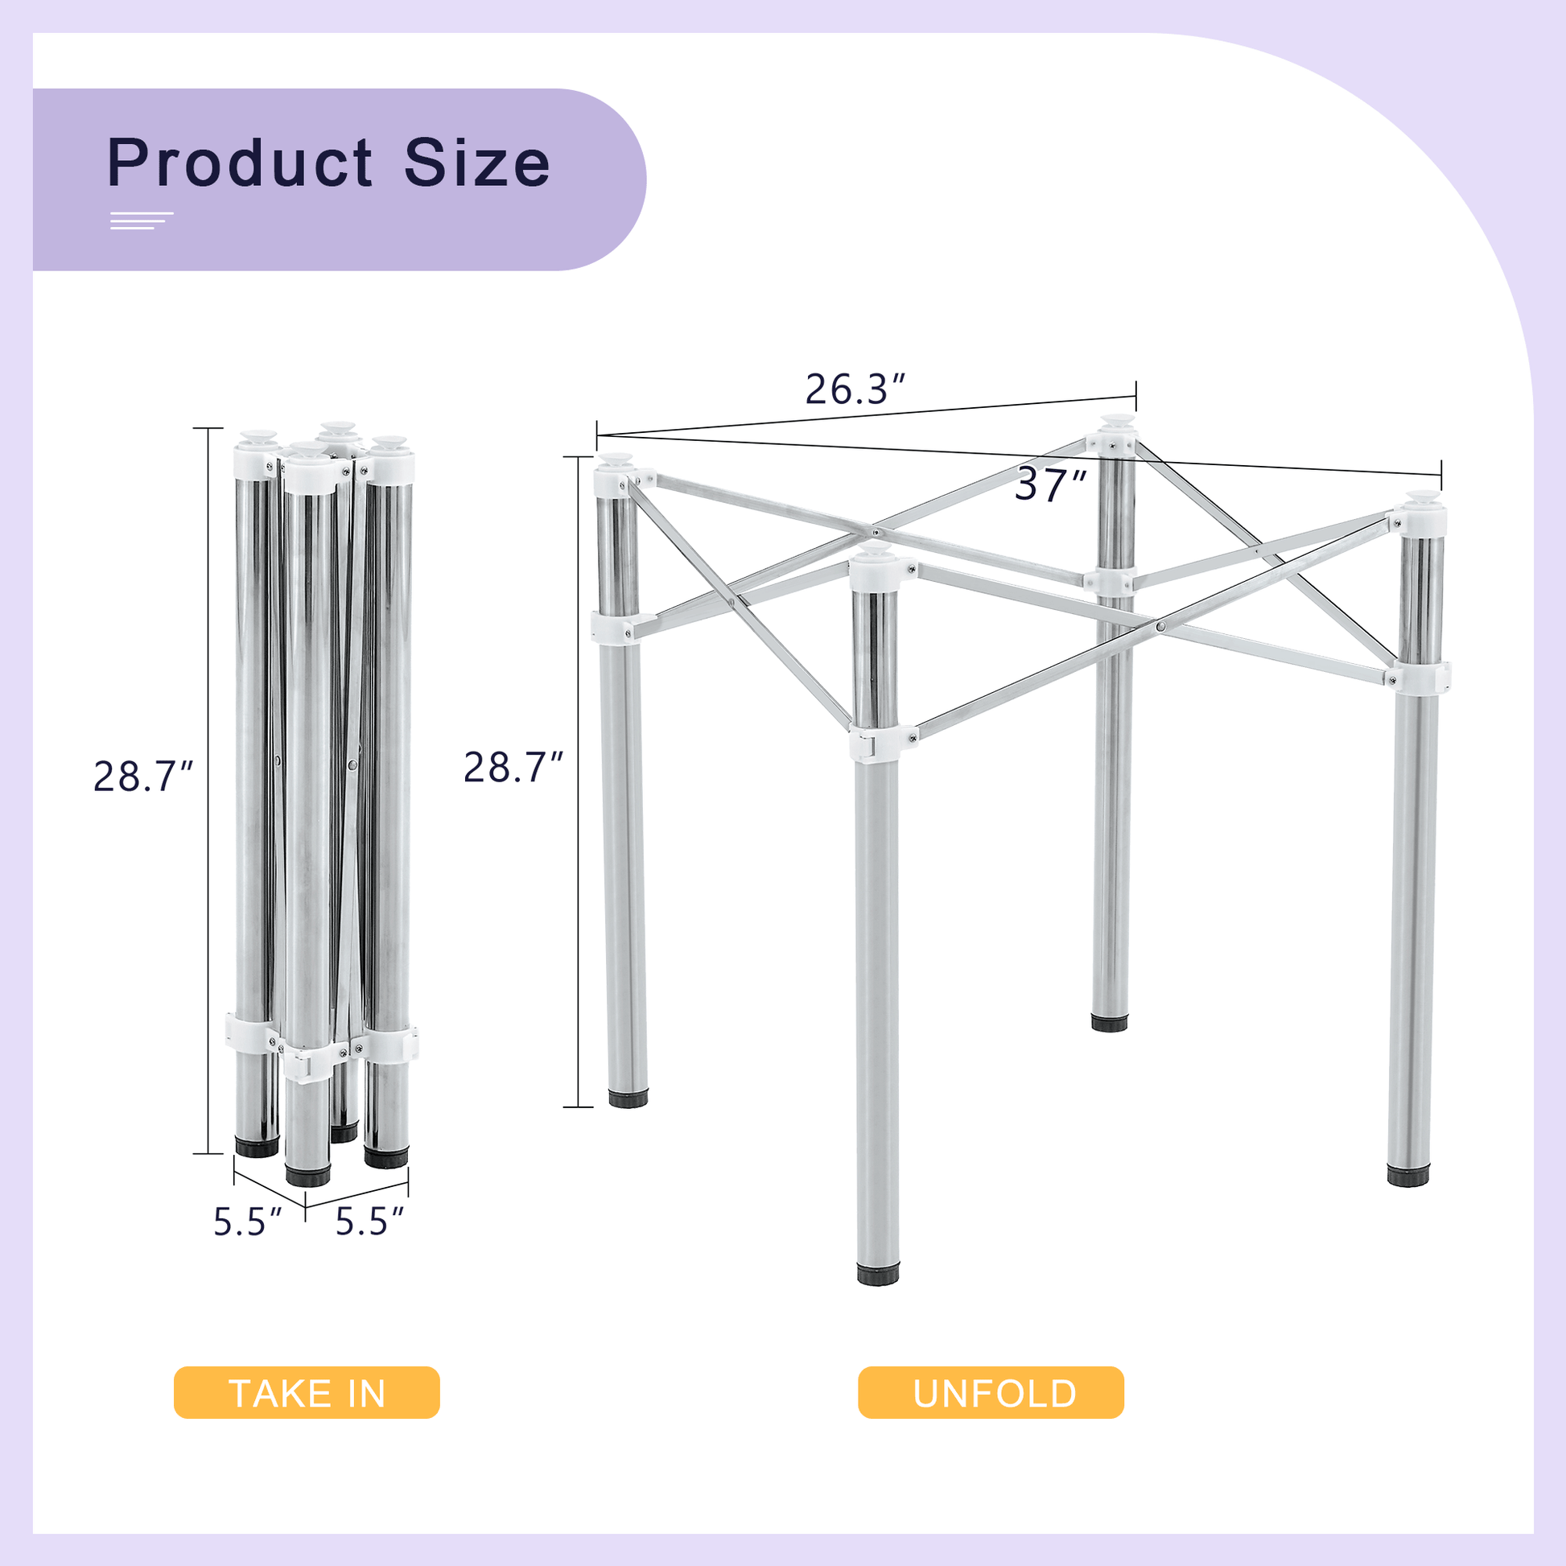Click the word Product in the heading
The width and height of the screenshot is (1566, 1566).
(239, 163)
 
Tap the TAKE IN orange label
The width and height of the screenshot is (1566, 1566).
(307, 1392)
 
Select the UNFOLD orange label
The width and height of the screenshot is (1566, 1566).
(991, 1392)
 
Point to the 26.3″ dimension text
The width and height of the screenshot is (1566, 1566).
(855, 389)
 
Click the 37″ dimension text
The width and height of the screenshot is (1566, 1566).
(1049, 485)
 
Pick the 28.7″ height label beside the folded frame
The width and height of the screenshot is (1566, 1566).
(143, 777)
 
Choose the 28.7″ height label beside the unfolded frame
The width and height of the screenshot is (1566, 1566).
(513, 768)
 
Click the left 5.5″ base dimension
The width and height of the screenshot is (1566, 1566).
(247, 1222)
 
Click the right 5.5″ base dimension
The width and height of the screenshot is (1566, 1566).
(369, 1222)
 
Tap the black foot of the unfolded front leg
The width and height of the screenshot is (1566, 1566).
(878, 1273)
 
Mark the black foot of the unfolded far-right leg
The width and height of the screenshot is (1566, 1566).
(1408, 1177)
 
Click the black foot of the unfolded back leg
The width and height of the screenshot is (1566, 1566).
(1109, 1023)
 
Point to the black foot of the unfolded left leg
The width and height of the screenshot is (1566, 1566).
(628, 1098)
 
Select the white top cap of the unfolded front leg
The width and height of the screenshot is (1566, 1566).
(875, 571)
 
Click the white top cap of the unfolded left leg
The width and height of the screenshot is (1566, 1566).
(616, 477)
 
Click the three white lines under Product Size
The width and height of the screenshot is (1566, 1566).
(141, 220)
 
